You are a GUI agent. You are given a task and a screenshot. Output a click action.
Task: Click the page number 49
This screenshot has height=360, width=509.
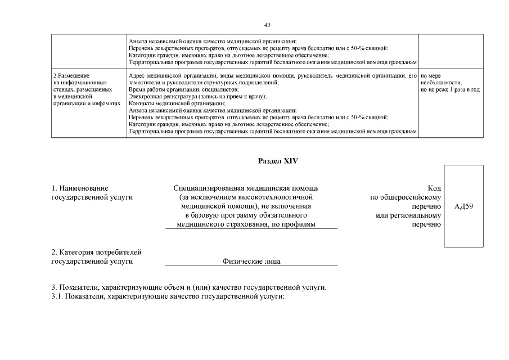(x=267, y=25)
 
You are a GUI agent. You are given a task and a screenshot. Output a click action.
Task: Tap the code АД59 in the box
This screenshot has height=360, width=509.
(x=464, y=206)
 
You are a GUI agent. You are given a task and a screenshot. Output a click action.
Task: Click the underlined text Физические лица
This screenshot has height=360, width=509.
(x=251, y=261)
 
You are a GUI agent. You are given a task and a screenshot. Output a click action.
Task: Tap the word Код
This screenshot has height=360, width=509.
(x=434, y=188)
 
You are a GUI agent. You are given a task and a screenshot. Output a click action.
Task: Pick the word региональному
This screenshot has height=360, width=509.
(x=416, y=215)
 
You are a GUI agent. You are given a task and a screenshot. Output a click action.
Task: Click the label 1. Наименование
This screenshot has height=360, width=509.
(x=79, y=188)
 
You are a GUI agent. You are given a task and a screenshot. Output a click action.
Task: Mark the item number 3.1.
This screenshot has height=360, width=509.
(x=57, y=296)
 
